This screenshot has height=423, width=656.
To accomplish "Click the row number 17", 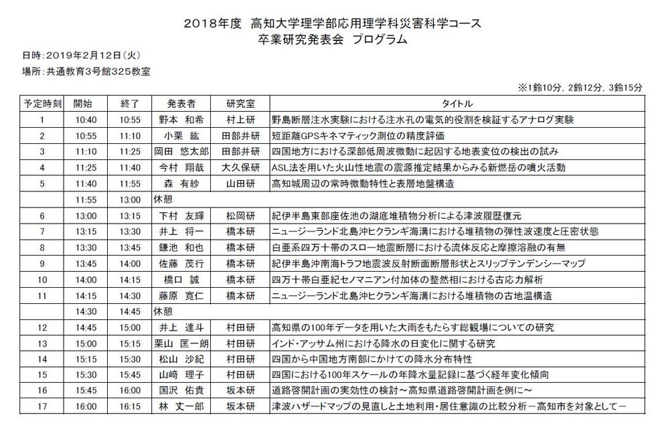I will (x=42, y=407).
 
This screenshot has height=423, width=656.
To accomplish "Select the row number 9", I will (x=42, y=264).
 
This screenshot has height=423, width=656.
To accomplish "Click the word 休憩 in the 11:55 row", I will (x=164, y=199).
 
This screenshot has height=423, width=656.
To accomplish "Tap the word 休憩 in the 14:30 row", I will (x=164, y=311).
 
